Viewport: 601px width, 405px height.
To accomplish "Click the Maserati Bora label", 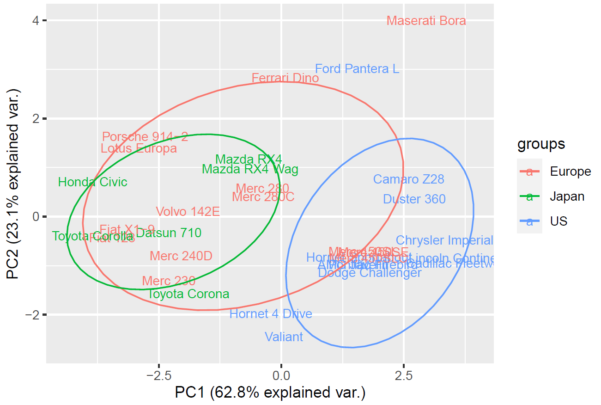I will (x=426, y=21).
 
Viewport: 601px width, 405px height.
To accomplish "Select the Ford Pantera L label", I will (x=357, y=69).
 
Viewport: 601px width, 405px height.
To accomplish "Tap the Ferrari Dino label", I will (x=285, y=78).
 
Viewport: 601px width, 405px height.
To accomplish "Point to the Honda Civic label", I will (x=92, y=182).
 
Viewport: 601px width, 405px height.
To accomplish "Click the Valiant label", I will (x=284, y=337).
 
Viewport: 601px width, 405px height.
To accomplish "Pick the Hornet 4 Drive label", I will (x=271, y=314).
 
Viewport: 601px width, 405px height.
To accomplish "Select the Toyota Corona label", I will (x=188, y=294).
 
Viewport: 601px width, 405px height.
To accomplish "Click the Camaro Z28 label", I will (x=408, y=179).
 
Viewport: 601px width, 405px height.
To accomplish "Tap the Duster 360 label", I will (x=414, y=199).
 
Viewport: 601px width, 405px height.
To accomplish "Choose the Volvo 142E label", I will (x=188, y=212).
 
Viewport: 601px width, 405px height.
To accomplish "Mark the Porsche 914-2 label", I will (x=145, y=137).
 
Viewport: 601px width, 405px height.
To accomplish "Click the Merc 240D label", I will (x=181, y=256).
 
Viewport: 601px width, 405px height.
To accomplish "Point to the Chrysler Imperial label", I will (x=444, y=240).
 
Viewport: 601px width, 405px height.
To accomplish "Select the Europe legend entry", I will (x=570, y=172).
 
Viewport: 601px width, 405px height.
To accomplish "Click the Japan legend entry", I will (x=567, y=196).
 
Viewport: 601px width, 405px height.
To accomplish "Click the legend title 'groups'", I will (x=541, y=144).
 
